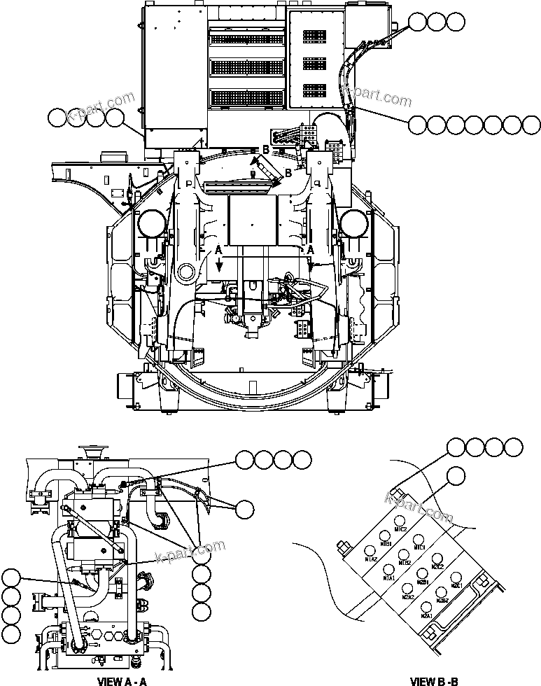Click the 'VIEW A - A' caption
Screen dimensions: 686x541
tap(122, 680)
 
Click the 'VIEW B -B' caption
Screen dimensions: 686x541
tap(434, 680)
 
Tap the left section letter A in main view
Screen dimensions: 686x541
tap(218, 250)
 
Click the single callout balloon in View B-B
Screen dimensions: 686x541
tap(456, 475)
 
